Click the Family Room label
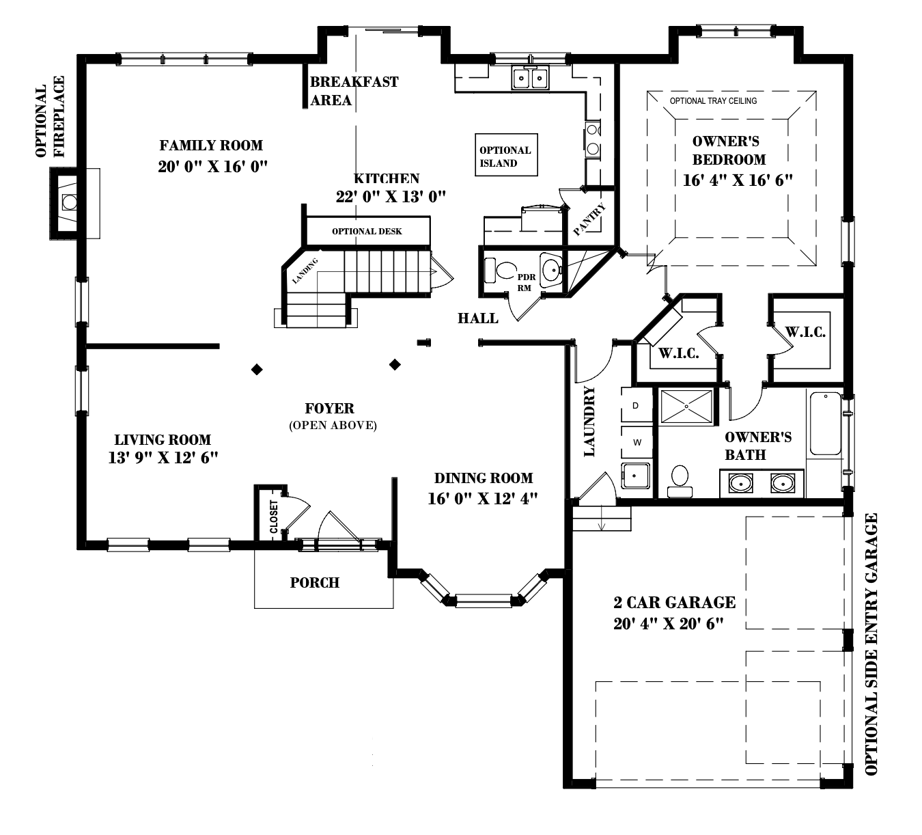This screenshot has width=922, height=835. [x=211, y=146]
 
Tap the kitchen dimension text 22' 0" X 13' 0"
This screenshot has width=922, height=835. [x=391, y=197]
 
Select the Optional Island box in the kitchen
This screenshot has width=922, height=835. [x=505, y=156]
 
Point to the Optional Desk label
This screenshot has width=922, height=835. [x=367, y=232]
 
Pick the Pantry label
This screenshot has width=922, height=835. [x=589, y=220]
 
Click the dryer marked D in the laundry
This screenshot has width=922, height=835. [x=636, y=406]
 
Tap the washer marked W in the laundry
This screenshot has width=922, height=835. [x=637, y=442]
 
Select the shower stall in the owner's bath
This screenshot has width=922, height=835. [x=686, y=407]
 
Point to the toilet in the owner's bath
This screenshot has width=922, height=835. [x=680, y=480]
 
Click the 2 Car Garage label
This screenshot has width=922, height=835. [x=674, y=603]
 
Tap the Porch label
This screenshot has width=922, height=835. [x=314, y=583]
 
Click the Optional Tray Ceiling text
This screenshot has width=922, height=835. [x=713, y=101]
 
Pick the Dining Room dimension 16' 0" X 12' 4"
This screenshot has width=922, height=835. [x=483, y=499]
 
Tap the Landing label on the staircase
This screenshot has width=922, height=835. [x=305, y=271]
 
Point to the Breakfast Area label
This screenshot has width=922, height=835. [x=353, y=91]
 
